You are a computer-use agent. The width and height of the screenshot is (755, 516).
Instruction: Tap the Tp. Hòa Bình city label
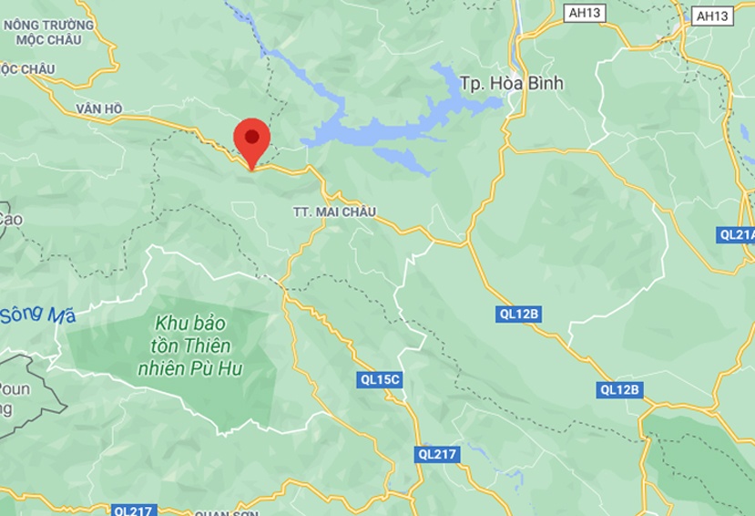pyautogui.click(x=513, y=83)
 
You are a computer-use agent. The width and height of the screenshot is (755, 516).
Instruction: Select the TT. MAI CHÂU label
pyautogui.click(x=334, y=212)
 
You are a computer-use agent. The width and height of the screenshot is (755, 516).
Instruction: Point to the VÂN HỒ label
pyautogui.click(x=99, y=108)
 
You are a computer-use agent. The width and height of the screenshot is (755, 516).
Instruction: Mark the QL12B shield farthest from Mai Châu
pyautogui.click(x=621, y=389)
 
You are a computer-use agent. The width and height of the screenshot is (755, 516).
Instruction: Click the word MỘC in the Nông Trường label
pyautogui.click(x=26, y=40)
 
